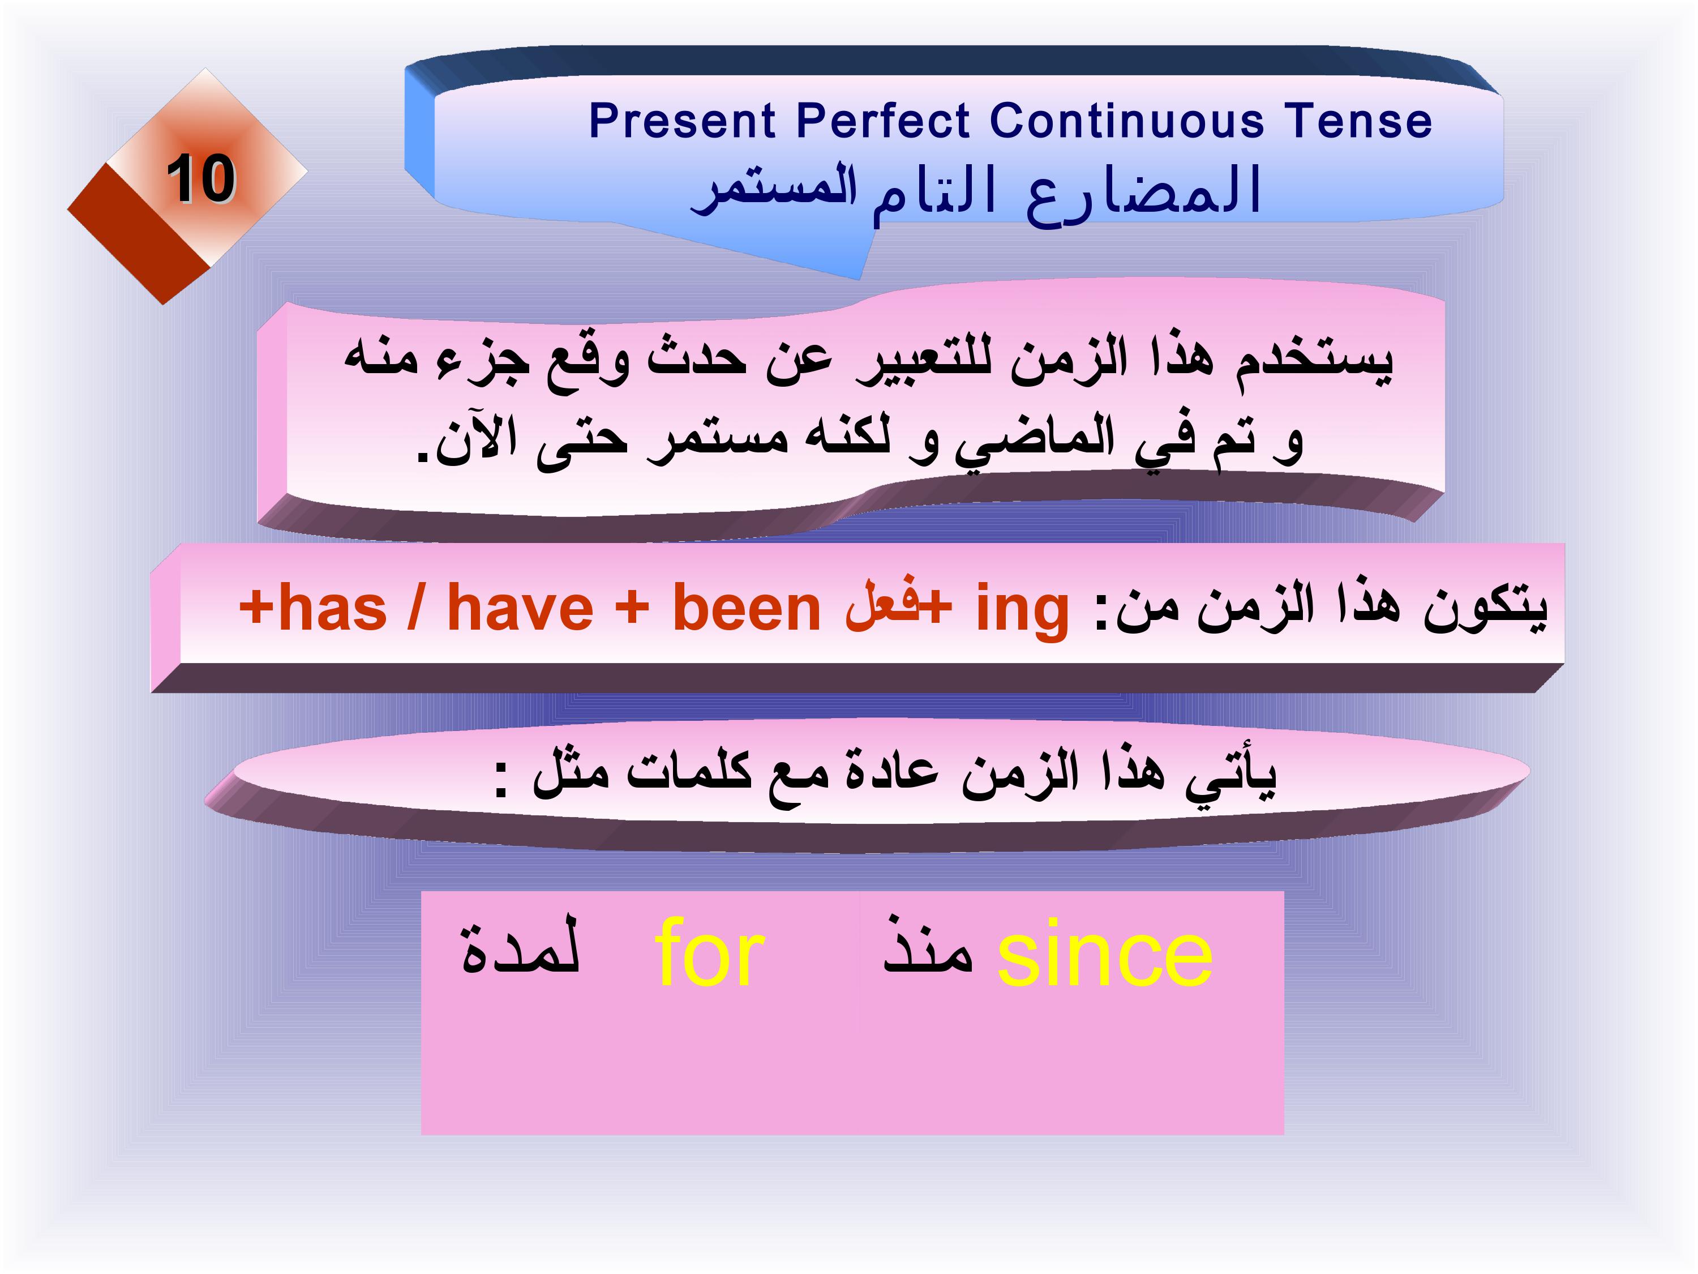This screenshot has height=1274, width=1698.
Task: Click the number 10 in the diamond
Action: click(x=201, y=178)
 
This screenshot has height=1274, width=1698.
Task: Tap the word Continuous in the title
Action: click(x=1127, y=121)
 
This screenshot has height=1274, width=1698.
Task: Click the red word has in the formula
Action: click(x=332, y=608)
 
